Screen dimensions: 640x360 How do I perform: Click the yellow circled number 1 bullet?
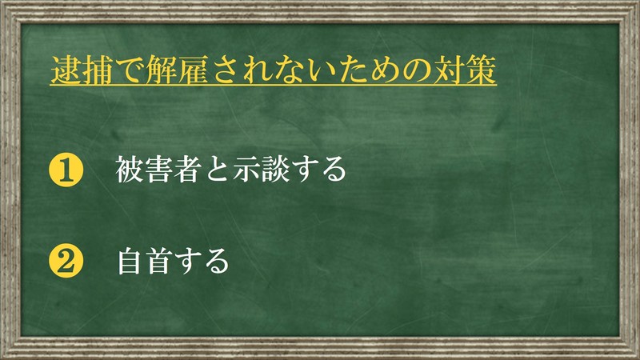pos(66,170)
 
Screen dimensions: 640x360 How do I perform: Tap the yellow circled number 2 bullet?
pos(66,261)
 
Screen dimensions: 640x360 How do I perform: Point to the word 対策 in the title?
pos(464,70)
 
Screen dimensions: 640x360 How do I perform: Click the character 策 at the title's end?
pos(481,70)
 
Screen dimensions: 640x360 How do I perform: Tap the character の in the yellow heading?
pos(416,70)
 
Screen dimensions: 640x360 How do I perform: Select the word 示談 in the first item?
pos(262,170)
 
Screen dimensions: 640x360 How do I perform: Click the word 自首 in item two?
pos(144,261)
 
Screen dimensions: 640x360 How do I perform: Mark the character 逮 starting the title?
pos(66,70)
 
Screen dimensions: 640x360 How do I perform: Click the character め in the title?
pos(385,70)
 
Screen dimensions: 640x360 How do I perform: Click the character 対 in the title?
pos(449,70)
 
